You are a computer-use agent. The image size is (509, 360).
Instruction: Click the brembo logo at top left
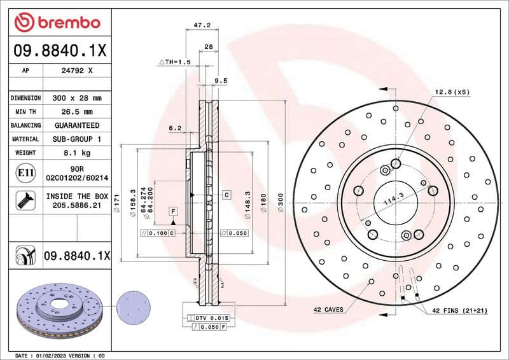click(x=58, y=23)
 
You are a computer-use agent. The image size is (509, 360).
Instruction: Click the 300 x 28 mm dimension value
click(x=76, y=98)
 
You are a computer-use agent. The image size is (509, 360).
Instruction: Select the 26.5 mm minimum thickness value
click(x=76, y=112)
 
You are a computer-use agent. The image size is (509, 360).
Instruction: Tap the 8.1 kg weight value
click(x=76, y=153)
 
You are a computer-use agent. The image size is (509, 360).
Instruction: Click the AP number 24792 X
click(x=76, y=71)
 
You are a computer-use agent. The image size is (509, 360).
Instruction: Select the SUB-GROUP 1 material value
click(x=76, y=139)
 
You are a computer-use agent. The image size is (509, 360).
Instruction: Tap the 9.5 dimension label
click(x=221, y=81)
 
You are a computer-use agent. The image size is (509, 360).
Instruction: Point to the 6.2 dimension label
click(x=175, y=128)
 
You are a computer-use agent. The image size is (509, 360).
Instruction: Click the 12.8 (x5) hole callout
click(x=452, y=92)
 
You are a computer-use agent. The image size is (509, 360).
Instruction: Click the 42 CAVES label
click(x=328, y=310)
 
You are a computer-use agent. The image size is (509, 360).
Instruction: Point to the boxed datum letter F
click(x=172, y=210)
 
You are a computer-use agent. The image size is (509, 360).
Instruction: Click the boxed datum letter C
click(x=226, y=193)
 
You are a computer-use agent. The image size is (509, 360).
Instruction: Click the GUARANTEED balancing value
click(x=76, y=125)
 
